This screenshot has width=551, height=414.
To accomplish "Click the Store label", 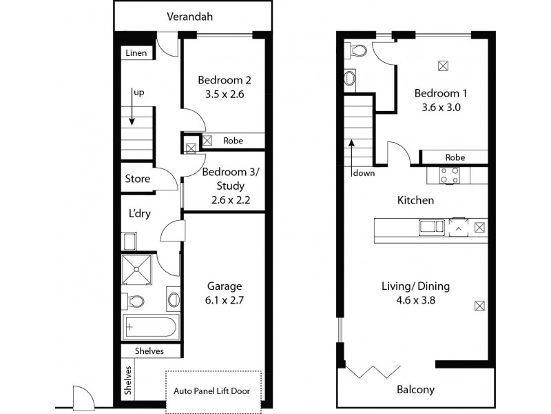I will coord(137,179).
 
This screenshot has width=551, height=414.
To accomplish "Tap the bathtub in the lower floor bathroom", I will coord(150,326).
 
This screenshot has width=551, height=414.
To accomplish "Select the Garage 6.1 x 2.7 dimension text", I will coord(225,300).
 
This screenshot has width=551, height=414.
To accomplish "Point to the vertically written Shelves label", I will coord(128,379).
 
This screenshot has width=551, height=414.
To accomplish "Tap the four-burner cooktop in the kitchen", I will coord(450,175).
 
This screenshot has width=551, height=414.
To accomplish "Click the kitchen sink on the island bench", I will coord(428,226).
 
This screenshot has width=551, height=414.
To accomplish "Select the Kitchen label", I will coord(415,200).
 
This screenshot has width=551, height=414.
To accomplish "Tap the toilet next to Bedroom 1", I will coord(357,52).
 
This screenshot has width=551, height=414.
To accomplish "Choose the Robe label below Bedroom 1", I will coord(454,157).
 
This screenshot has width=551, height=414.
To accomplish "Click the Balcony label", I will coord(415,389).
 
